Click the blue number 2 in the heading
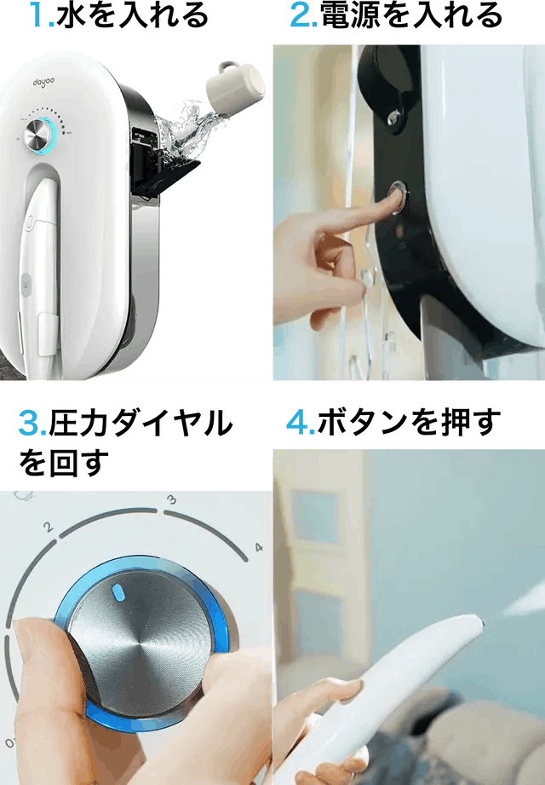[300, 15]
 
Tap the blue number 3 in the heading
[28, 423]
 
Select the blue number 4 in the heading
[296, 422]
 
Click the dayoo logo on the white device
[44, 82]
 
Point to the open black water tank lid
[167, 176]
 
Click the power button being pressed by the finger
[399, 196]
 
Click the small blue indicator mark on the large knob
[118, 592]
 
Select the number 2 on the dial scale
[48, 527]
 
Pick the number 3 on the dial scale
[171, 499]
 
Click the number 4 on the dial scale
[259, 547]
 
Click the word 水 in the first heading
[68, 15]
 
